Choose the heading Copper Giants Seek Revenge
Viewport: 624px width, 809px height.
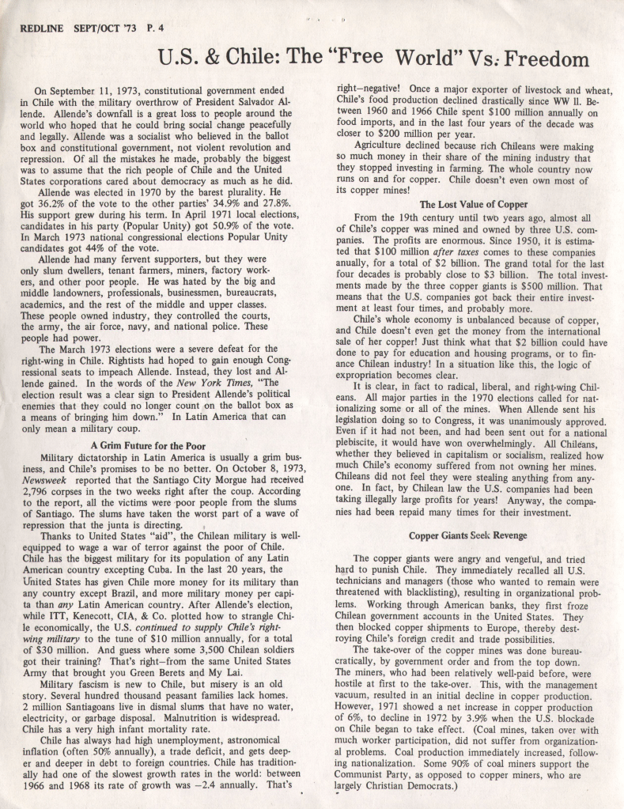coord(467,535)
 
